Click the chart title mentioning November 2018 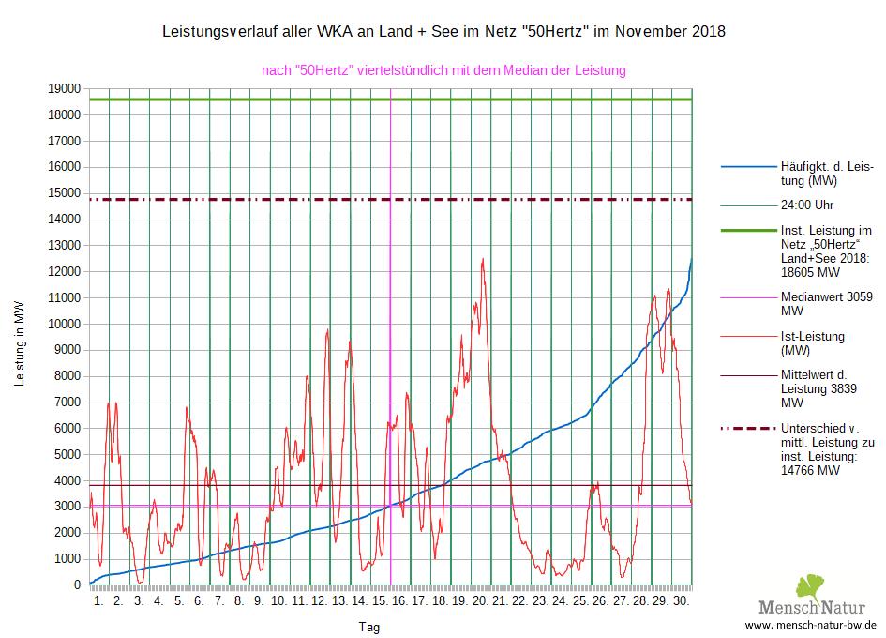[443, 32]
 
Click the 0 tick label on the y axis [77, 585]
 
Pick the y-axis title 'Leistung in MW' [21, 344]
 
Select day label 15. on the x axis [380, 600]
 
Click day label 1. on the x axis [99, 600]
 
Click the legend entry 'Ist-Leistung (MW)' [812, 342]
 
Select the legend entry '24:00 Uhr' [807, 205]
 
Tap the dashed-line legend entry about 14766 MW [827, 449]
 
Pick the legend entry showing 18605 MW [826, 251]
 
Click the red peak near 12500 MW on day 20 [483, 260]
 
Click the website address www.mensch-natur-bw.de [810, 625]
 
